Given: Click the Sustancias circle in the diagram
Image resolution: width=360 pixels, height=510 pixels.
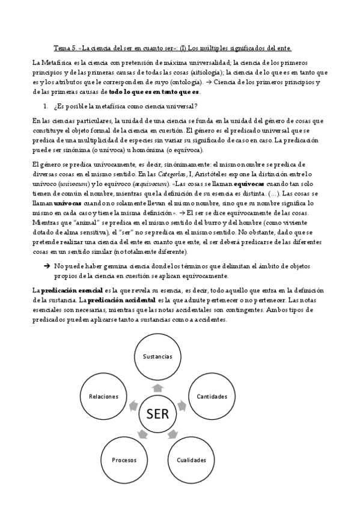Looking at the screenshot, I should [157, 357].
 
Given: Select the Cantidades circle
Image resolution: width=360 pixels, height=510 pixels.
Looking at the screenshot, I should [211, 396].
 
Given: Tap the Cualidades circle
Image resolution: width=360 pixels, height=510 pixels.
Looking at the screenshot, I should [191, 460].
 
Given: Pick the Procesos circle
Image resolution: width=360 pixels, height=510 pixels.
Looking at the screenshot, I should [124, 460].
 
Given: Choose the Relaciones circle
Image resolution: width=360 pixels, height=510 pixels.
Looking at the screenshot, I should [103, 396].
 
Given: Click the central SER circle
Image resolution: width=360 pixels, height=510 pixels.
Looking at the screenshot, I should [157, 414].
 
